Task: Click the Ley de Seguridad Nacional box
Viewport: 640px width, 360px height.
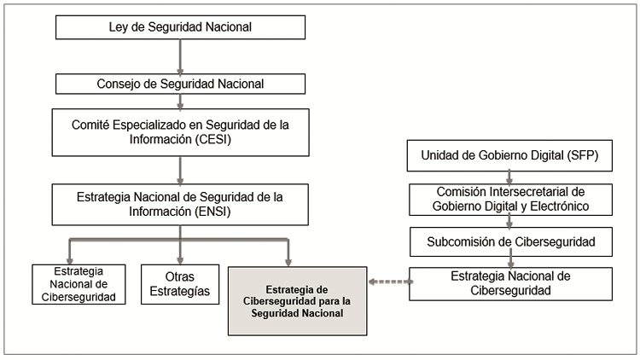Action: (180, 27)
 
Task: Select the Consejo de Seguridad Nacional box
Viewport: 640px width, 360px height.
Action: (180, 84)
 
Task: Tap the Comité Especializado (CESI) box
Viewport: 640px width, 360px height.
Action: (180, 132)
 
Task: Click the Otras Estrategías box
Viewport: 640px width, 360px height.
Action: (180, 284)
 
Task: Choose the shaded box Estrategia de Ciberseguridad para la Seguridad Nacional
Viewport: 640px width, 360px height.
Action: (298, 300)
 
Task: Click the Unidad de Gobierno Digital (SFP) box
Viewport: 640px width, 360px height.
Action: (510, 156)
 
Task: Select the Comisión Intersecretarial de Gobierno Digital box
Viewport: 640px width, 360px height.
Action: (510, 199)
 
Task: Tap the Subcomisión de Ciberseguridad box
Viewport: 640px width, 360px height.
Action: (510, 241)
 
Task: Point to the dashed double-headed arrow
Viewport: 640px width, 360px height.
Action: (388, 281)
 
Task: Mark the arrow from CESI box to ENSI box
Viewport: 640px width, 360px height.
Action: (180, 170)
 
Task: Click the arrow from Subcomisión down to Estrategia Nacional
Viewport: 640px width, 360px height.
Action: (510, 261)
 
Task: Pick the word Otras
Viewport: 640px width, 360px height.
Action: (180, 276)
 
